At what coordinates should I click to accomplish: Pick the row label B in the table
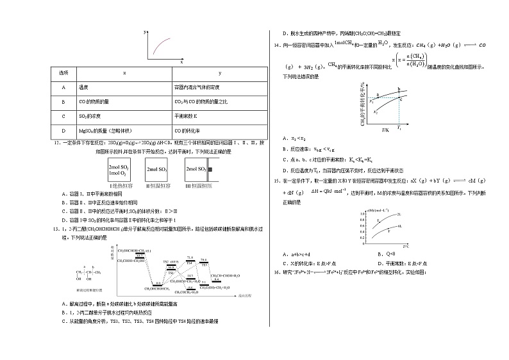[x=63, y=101]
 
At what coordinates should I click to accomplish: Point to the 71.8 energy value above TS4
[x=190, y=257]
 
